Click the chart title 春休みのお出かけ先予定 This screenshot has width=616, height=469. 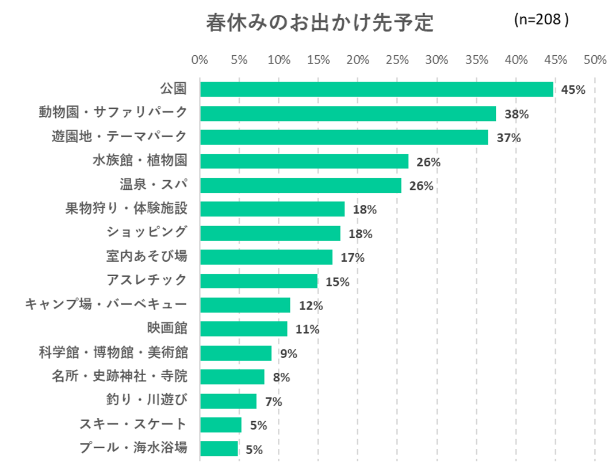(x=319, y=23)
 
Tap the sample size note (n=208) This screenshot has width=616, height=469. (x=541, y=20)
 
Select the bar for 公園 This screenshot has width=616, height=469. (x=376, y=89)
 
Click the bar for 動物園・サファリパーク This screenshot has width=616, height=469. (x=347, y=113)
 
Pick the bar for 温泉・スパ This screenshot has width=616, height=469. (x=300, y=185)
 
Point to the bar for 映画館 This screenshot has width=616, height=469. (x=243, y=329)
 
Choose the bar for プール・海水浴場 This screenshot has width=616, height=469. (x=219, y=448)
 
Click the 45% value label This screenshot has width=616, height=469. (x=573, y=90)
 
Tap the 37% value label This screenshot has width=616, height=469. (x=508, y=138)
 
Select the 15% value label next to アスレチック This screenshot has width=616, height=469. (x=337, y=282)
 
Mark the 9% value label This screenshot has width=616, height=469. (x=288, y=354)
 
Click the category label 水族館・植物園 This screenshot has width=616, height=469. (x=140, y=161)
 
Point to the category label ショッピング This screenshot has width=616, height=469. (x=147, y=232)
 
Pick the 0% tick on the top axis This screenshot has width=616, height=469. (x=200, y=60)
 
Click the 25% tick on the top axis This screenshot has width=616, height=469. (x=397, y=60)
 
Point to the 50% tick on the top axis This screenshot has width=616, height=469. (x=595, y=60)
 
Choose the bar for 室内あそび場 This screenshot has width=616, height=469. (x=266, y=257)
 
